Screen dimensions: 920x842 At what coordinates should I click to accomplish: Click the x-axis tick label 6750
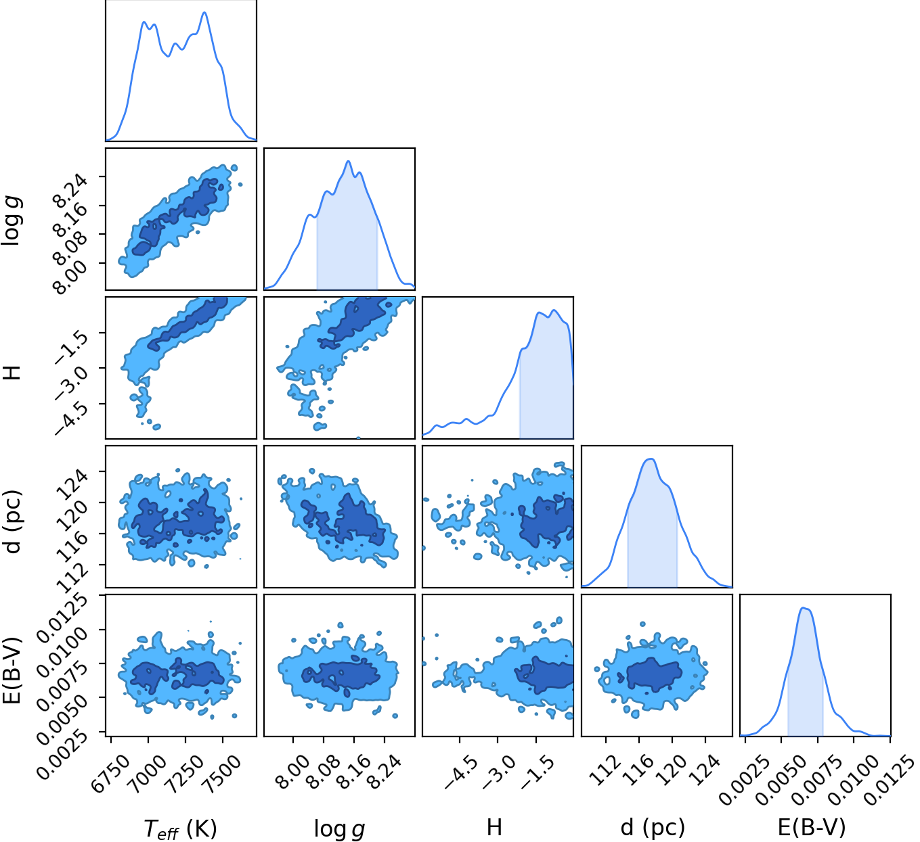110,774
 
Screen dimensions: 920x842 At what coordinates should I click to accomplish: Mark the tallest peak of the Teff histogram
204,12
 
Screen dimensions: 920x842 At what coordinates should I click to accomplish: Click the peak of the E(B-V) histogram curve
803,608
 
